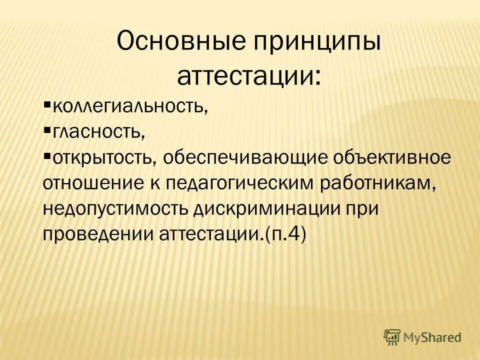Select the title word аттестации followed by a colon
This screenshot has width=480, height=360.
pyautogui.click(x=248, y=76)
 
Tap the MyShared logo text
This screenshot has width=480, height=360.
pyautogui.click(x=433, y=337)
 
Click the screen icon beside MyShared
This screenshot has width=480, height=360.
pyautogui.click(x=393, y=337)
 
